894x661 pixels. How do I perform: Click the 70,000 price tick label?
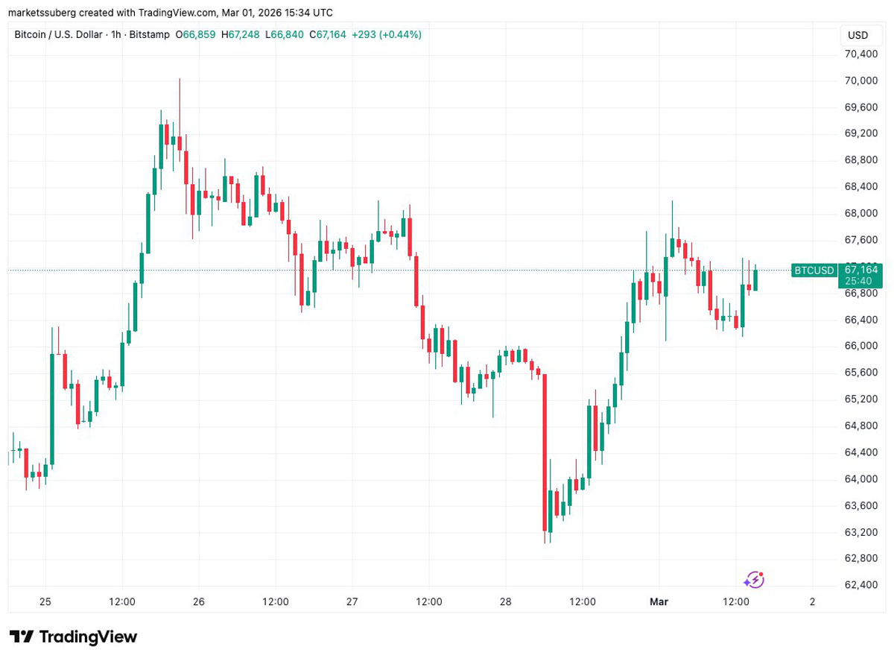[x=860, y=80]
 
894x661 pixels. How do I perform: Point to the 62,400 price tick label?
[x=860, y=584]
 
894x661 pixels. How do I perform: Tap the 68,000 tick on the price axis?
[x=860, y=213]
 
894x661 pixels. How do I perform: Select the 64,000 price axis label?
[x=860, y=478]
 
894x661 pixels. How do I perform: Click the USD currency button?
[x=857, y=35]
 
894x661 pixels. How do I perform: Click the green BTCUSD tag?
[x=814, y=270]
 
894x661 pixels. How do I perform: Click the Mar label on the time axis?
[x=659, y=601]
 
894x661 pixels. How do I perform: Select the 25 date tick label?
[x=45, y=601]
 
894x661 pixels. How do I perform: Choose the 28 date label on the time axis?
[x=505, y=601]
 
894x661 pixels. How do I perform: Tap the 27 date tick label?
[x=352, y=601]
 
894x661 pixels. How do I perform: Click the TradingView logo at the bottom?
[x=74, y=637]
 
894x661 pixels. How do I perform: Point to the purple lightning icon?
[x=754, y=579]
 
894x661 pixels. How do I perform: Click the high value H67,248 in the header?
[x=243, y=34]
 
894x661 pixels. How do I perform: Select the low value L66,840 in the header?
[x=286, y=34]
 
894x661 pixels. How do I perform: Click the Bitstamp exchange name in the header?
[x=150, y=34]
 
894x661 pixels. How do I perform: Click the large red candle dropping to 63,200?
[x=545, y=455]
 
